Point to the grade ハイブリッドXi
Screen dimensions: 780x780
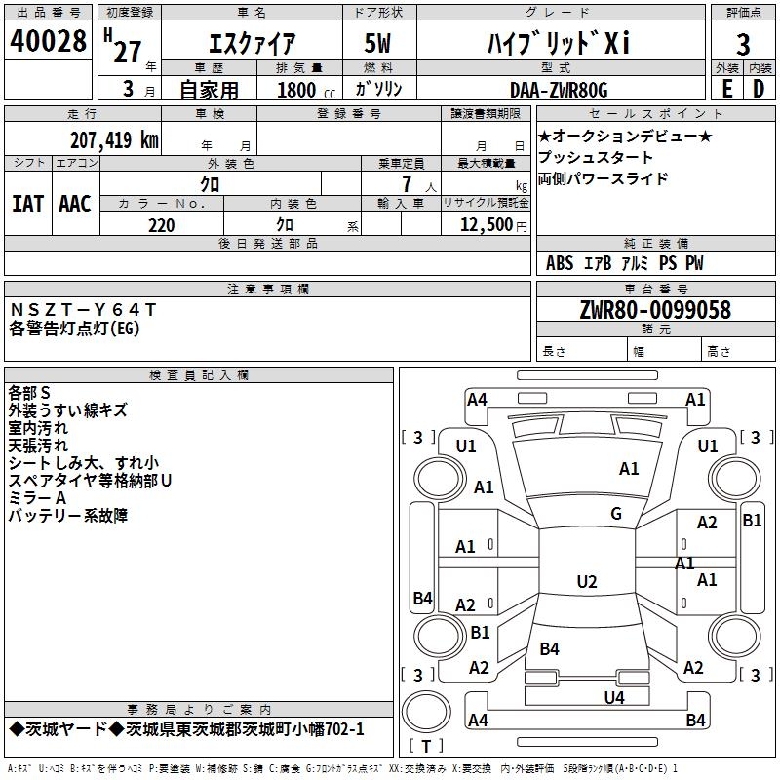tap(559, 43)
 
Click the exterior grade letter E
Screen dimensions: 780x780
tap(726, 88)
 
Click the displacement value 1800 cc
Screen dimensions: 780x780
tap(302, 90)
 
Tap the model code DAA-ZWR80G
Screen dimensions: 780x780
tap(559, 90)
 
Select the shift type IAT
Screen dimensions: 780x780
tap(27, 204)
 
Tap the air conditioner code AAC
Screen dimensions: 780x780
tap(75, 204)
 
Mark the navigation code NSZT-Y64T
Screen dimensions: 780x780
tap(82, 310)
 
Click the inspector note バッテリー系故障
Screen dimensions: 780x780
tap(68, 516)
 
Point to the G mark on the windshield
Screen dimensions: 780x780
tap(616, 513)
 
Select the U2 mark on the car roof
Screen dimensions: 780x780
tap(586, 582)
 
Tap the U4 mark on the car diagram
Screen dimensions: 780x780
tap(613, 697)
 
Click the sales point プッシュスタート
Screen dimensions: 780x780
tap(596, 157)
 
